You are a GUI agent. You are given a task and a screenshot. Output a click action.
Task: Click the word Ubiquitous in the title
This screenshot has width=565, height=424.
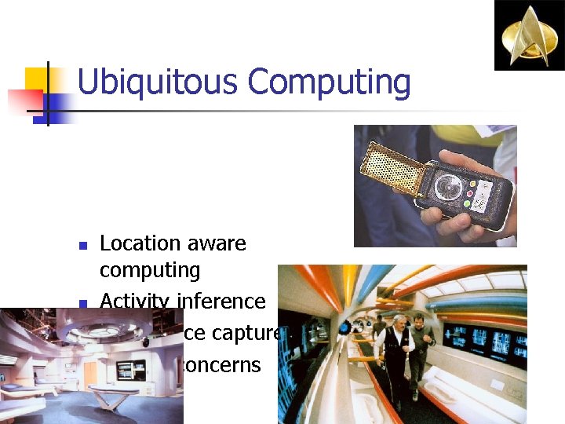click(x=156, y=82)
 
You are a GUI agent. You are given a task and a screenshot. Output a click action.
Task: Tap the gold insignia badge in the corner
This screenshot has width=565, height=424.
click(x=528, y=35)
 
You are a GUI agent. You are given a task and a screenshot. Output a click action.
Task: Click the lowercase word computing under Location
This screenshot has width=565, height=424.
click(x=150, y=270)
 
